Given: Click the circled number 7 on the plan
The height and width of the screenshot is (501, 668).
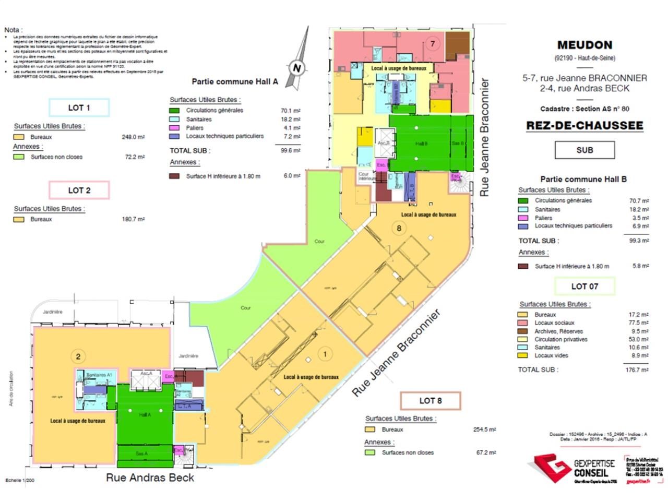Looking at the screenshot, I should [432, 43].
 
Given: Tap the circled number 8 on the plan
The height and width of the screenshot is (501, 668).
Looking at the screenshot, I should [399, 228].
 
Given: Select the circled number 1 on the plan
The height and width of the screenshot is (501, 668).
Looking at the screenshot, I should [325, 354].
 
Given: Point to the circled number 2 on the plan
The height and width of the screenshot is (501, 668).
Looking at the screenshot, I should [78, 356].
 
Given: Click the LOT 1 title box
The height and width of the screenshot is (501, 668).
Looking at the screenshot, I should [79, 108].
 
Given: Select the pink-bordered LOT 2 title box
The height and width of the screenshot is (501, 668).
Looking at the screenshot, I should [79, 190].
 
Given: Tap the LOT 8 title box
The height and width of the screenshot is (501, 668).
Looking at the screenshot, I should [431, 401].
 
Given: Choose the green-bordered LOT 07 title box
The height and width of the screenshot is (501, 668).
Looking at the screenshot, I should [584, 286].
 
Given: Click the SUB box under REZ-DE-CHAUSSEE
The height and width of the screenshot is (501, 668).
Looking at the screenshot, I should [584, 150].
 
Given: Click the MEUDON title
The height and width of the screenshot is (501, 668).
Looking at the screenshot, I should [584, 45].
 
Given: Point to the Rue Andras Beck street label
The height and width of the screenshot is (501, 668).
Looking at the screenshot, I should [150, 478].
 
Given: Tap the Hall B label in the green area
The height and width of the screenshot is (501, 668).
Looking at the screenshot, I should [421, 144].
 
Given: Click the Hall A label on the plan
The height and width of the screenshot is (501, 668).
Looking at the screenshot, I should [145, 414].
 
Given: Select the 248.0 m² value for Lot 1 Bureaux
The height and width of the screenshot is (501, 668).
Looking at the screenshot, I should [133, 137].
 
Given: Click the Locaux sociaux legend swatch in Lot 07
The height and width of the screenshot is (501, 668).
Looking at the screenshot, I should [522, 323].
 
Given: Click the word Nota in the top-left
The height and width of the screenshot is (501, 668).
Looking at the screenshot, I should [13, 30].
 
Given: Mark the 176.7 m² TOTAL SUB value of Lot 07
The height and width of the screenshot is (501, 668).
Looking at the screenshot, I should [637, 369].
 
